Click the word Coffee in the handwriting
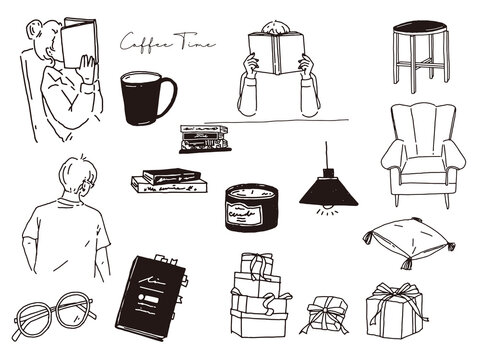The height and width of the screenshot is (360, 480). [144, 42]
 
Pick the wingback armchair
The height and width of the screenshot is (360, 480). [417, 155]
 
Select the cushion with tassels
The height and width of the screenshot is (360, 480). [409, 241]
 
